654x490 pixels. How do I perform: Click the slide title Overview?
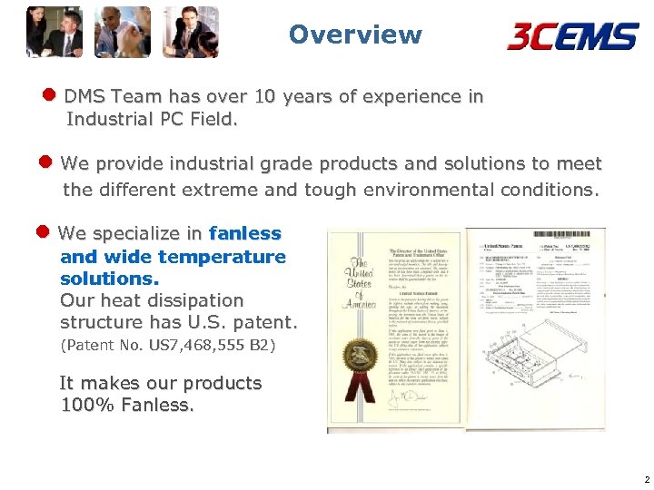point(355,35)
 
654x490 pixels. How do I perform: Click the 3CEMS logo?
point(573,36)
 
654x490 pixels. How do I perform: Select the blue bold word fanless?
point(245,234)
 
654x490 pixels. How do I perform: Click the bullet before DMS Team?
point(50,95)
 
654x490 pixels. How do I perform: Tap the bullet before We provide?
point(47,162)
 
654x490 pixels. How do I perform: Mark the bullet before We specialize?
point(45,232)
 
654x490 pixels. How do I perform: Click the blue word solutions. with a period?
point(110,279)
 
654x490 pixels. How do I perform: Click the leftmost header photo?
point(54,32)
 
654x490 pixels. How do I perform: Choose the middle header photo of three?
point(123,32)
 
